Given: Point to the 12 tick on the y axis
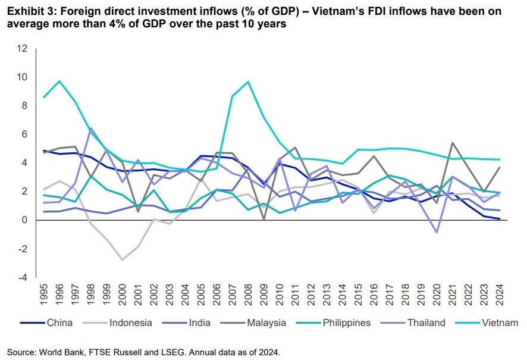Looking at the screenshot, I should click(x=22, y=48).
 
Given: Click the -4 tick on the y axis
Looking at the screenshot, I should click(x=22, y=278).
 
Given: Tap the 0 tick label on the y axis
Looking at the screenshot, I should click(x=24, y=220).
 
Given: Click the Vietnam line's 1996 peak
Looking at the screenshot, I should click(x=59, y=81).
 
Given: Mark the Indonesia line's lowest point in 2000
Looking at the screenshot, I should click(x=122, y=259).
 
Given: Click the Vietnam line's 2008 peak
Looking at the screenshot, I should click(x=247, y=82).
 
